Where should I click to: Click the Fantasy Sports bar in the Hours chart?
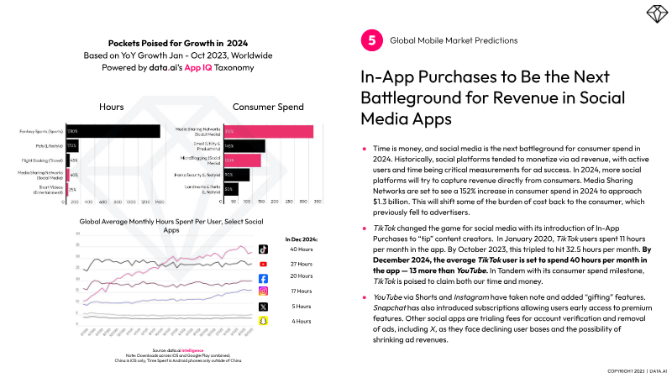point(113,131)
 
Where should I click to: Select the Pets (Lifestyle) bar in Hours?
point(73,145)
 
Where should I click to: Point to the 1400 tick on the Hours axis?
point(160,203)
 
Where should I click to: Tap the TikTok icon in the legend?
point(263,249)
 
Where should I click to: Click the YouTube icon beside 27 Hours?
point(263,264)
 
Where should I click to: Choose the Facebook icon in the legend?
point(263,278)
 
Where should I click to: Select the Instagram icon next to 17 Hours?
point(263,291)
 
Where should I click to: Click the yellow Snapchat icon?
point(263,320)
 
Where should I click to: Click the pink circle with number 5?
point(370,40)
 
